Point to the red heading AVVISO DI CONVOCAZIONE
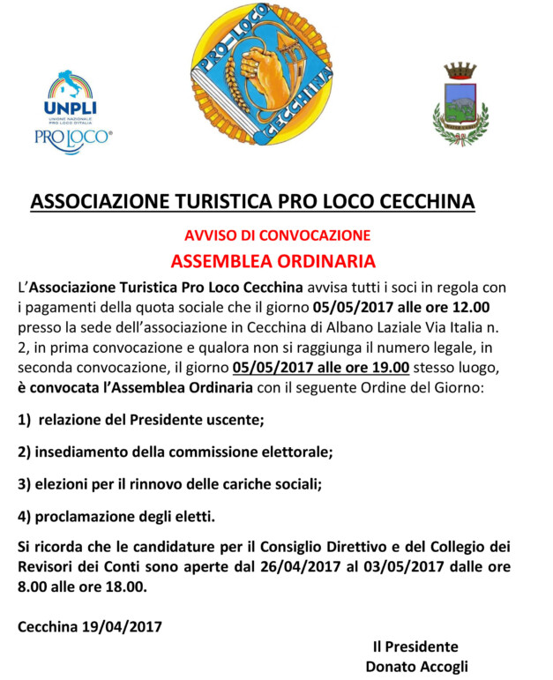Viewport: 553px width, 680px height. (x=277, y=235)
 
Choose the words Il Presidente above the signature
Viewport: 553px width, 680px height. (x=415, y=646)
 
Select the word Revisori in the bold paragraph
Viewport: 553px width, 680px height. (x=47, y=566)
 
